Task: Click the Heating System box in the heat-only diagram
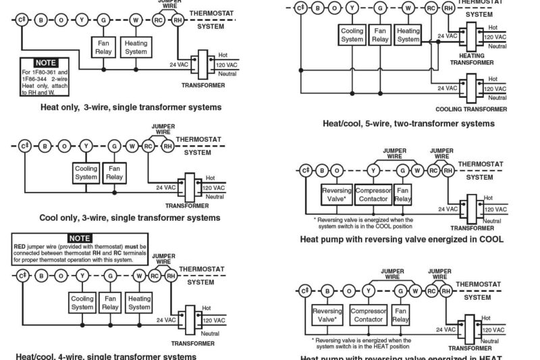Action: [136, 47]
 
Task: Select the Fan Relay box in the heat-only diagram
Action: [104, 47]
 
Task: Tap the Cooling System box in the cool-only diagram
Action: [86, 172]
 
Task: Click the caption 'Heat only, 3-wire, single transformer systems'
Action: [131, 107]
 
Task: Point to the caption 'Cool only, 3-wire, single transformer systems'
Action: [130, 217]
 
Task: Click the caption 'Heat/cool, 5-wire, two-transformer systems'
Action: [408, 124]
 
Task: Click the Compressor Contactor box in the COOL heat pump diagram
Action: [373, 195]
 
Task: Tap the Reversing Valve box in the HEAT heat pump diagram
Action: [327, 315]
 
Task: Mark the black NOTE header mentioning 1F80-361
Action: [45, 62]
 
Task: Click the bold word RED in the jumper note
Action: [20, 247]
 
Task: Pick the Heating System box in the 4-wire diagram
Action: [139, 303]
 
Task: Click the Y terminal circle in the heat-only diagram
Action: [82, 20]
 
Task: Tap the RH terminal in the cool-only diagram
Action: [167, 145]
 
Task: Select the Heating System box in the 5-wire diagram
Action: [408, 34]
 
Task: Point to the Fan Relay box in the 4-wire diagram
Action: [111, 303]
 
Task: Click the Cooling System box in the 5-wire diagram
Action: [352, 34]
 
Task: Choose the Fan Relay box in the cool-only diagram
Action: [114, 172]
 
